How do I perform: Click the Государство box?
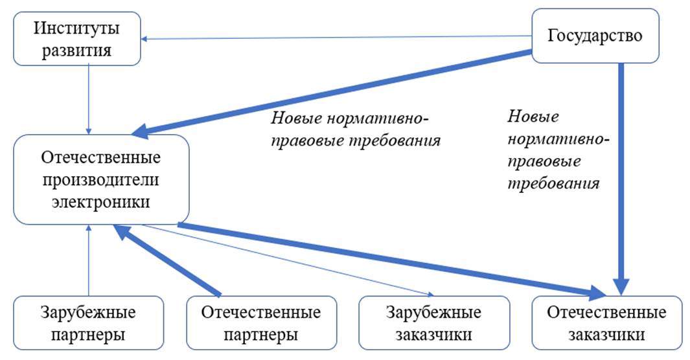point(595,36)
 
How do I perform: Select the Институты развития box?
point(77,39)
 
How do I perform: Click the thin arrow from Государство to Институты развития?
point(337,38)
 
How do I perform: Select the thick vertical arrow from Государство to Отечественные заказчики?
point(621,175)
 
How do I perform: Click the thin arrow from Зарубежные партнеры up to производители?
point(89,259)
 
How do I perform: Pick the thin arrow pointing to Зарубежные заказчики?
point(292,258)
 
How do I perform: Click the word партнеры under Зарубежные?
point(89,335)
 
